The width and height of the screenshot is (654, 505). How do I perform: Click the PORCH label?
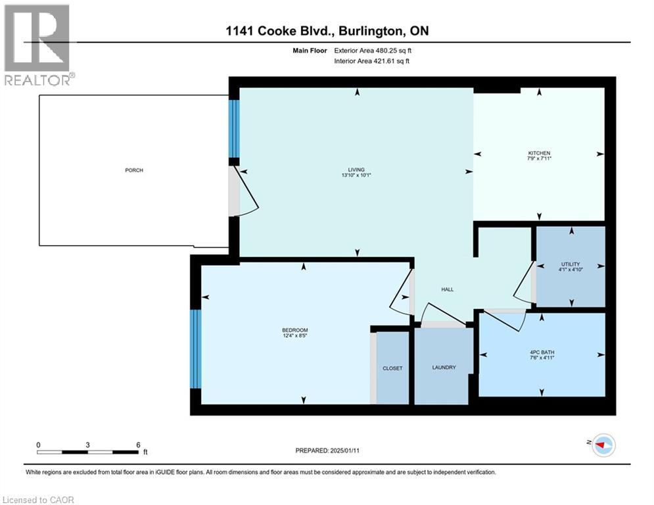click(x=134, y=170)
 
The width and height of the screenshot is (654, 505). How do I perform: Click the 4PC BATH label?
click(x=542, y=352)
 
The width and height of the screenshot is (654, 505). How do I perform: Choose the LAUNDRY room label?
click(x=444, y=368)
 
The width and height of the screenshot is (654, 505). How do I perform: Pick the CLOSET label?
click(x=392, y=368)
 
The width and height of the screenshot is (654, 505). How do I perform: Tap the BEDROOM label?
click(x=295, y=330)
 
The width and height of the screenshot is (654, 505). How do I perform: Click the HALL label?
click(x=447, y=289)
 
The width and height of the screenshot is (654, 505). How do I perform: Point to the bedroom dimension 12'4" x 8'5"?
click(x=295, y=336)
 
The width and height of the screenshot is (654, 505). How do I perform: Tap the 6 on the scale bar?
click(x=138, y=445)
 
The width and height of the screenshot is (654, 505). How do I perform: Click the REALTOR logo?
click(x=37, y=44)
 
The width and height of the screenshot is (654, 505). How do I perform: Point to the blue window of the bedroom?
click(x=195, y=349)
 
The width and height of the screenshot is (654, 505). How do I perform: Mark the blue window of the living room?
click(x=234, y=128)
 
